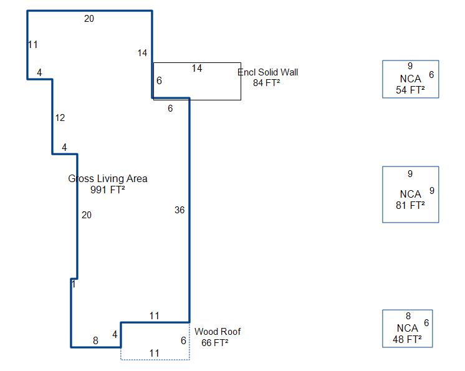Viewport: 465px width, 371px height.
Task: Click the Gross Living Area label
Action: [108, 179]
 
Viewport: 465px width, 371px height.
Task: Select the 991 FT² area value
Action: [108, 191]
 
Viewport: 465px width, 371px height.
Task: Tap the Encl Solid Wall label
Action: [267, 72]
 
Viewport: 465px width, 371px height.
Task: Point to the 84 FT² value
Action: [266, 83]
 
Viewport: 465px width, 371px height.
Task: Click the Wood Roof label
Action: [218, 332]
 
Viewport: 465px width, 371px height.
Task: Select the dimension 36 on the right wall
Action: [180, 210]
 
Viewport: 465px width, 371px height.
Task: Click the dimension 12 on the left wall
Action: [60, 118]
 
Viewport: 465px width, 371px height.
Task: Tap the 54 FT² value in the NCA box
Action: [410, 90]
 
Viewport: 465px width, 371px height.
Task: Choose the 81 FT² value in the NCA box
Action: [410, 205]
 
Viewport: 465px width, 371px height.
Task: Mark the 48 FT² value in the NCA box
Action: [407, 340]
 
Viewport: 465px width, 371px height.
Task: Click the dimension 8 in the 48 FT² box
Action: [408, 316]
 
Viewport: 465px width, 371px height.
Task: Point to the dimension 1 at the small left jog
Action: [74, 284]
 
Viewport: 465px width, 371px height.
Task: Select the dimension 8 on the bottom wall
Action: [95, 340]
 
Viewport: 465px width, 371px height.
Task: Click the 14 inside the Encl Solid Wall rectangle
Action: [197, 69]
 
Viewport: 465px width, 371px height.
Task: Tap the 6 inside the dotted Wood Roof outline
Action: [183, 340]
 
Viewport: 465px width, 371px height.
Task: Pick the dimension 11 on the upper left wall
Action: [33, 44]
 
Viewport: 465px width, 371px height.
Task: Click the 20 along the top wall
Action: [89, 19]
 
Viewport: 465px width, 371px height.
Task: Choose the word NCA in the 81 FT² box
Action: [410, 194]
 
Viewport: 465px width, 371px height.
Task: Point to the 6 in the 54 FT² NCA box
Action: [431, 75]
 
